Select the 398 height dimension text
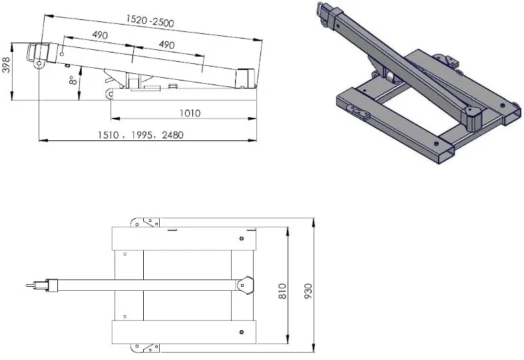pos(7,65)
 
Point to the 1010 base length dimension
pos(190,113)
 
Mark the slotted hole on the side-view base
pos(173,86)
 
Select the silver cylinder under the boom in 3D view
pos(388,77)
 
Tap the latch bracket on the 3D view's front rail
pos(360,114)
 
